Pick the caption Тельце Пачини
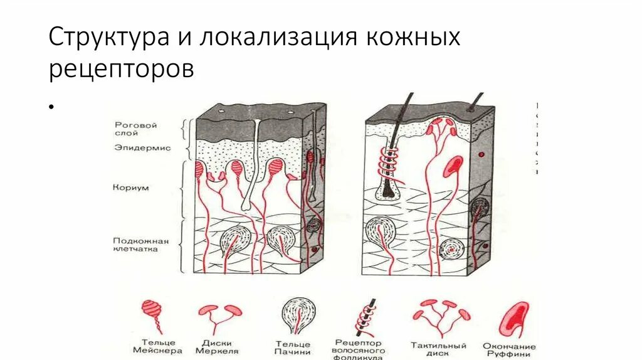click(x=293, y=347)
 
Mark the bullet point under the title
click(x=49, y=107)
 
